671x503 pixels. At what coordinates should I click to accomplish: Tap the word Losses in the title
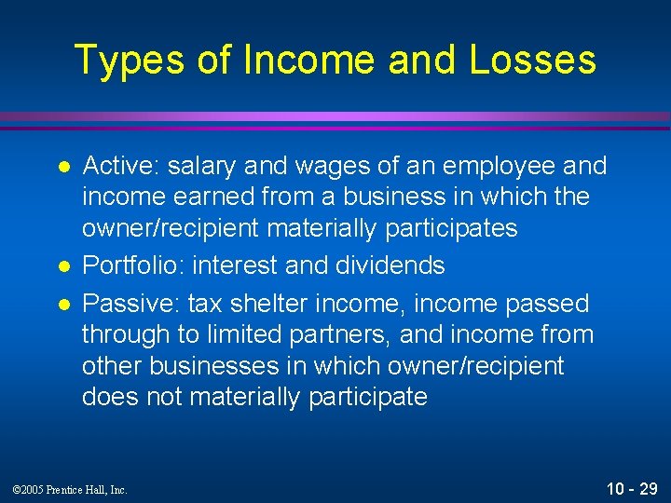[x=533, y=60]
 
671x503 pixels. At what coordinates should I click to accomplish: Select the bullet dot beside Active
[x=62, y=167]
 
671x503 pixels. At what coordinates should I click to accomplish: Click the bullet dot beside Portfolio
[x=62, y=266]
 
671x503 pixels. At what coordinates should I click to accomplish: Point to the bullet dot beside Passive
[x=62, y=305]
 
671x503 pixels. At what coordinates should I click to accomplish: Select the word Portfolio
[x=133, y=265]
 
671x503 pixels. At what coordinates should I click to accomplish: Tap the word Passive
[x=130, y=304]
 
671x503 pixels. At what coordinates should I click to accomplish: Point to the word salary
[x=203, y=166]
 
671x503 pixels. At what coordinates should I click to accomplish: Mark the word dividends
[x=387, y=265]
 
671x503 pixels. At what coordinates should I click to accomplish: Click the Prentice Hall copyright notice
[x=71, y=489]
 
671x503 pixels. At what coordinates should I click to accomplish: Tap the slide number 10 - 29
[x=632, y=487]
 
